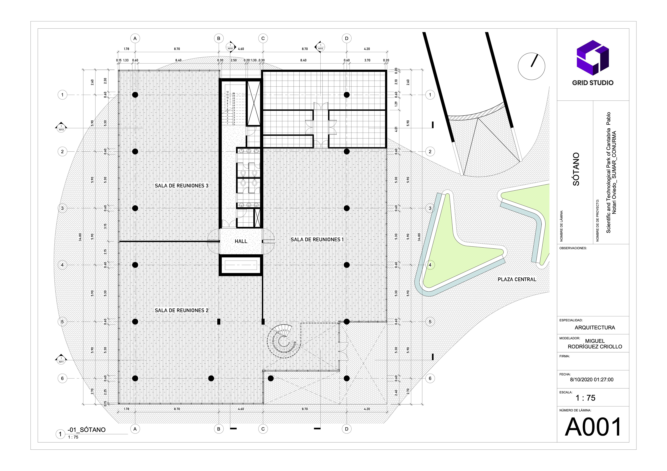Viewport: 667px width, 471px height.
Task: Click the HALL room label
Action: tap(241, 241)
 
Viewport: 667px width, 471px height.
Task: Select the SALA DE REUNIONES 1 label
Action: tap(317, 240)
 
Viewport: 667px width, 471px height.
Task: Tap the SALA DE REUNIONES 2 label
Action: tap(182, 310)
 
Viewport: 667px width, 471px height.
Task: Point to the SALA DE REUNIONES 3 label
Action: tap(182, 186)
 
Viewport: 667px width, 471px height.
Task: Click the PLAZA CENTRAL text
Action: tap(517, 279)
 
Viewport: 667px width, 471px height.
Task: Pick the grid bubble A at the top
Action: tap(135, 38)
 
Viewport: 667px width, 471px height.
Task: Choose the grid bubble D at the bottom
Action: tap(347, 429)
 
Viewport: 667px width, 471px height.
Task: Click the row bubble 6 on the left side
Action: tap(62, 378)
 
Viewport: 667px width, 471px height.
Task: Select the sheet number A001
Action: tap(593, 427)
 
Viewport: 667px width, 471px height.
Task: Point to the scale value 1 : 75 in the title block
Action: tap(585, 398)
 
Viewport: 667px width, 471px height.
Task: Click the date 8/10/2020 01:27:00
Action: tap(591, 380)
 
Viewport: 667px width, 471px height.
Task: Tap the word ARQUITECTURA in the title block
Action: tap(595, 328)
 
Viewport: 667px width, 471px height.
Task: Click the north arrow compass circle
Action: tap(531, 66)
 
